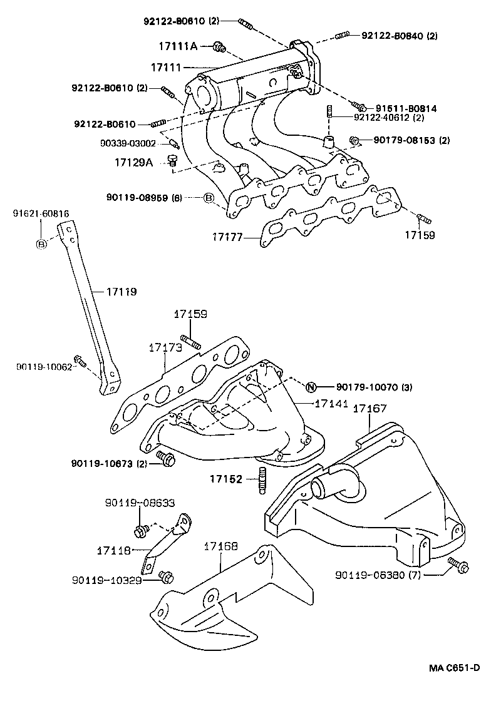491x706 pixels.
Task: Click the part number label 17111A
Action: tap(177, 46)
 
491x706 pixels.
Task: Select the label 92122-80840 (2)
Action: tap(399, 35)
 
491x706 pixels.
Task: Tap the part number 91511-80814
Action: tap(406, 108)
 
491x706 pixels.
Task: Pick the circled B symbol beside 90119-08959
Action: tap(209, 198)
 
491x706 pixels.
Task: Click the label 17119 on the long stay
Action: tap(121, 292)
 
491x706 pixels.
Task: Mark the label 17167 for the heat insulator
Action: tap(370, 409)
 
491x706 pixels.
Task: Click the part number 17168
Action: tap(220, 546)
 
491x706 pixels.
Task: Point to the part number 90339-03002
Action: tap(128, 143)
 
